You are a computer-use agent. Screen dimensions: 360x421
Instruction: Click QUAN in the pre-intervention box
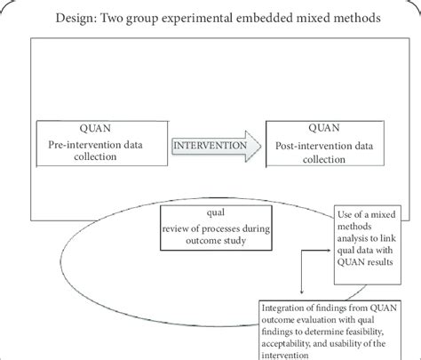(x=72, y=126)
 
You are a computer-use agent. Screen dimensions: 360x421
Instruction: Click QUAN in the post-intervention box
(x=316, y=125)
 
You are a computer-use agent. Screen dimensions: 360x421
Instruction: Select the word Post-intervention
(x=314, y=142)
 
